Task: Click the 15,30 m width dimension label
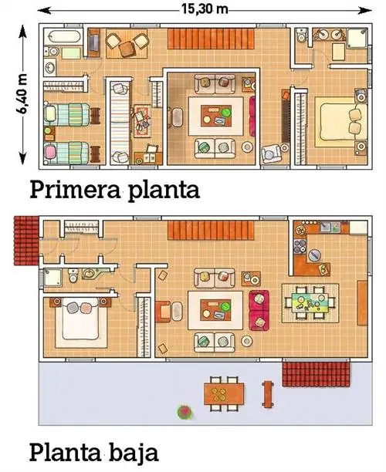click(x=205, y=9)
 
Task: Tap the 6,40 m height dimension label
click(x=22, y=93)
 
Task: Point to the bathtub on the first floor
click(x=63, y=37)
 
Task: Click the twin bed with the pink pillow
click(x=67, y=153)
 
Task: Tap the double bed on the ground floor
click(x=80, y=319)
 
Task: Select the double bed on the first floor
click(x=341, y=122)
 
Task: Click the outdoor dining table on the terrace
click(x=224, y=394)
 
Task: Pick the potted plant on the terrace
click(x=185, y=412)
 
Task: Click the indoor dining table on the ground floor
click(x=310, y=303)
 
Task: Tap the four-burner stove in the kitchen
click(x=300, y=247)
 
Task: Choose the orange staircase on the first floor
click(x=212, y=39)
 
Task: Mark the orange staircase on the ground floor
click(x=212, y=231)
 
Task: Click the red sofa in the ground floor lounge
click(x=259, y=310)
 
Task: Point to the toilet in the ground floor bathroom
click(x=73, y=275)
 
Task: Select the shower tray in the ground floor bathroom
click(x=52, y=278)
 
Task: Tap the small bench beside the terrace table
click(x=268, y=394)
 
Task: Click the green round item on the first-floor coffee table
click(x=225, y=113)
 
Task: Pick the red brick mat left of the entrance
click(x=27, y=241)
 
